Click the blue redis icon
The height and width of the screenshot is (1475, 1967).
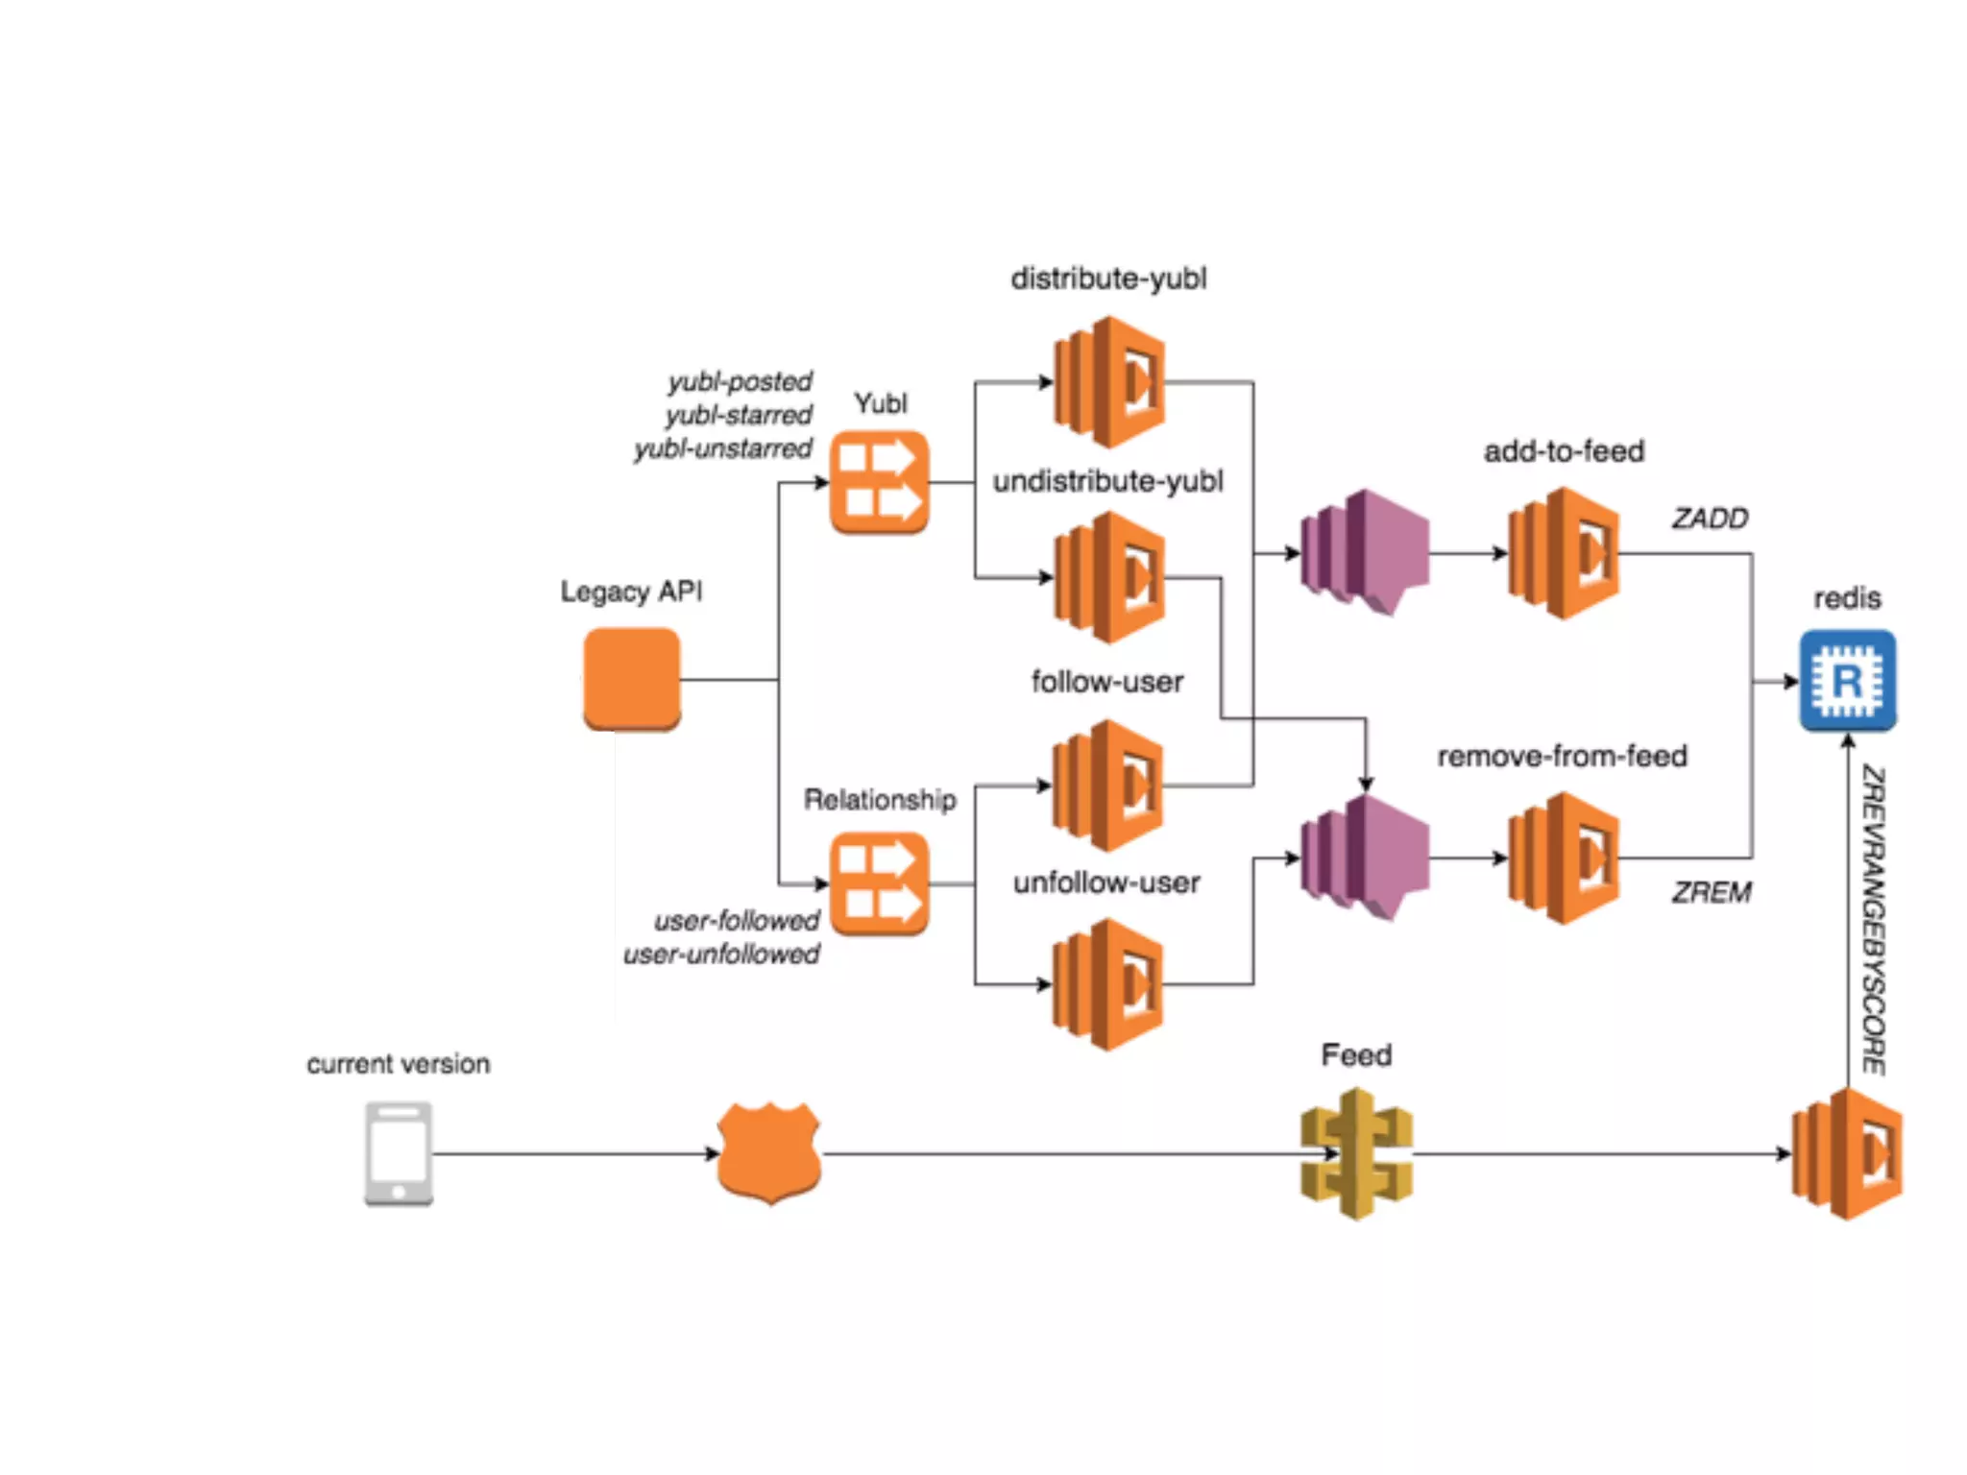(x=1847, y=680)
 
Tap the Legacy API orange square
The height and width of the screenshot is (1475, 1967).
(x=632, y=678)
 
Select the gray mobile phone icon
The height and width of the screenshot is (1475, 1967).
(x=399, y=1153)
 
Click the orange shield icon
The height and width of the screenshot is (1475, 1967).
(x=769, y=1152)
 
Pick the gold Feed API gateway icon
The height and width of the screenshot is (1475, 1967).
(x=1356, y=1153)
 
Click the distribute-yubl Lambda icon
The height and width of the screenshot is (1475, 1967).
(x=1109, y=382)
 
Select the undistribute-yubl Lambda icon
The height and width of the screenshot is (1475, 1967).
(x=1109, y=577)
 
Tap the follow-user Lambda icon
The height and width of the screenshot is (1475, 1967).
(x=1108, y=786)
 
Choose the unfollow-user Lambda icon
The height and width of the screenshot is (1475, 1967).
(x=1108, y=984)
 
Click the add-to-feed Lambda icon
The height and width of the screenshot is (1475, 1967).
(x=1564, y=553)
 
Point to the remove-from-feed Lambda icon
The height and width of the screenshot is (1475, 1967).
(x=1564, y=858)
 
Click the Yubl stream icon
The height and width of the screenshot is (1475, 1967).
(x=879, y=482)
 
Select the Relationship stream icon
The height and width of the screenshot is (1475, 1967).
(x=879, y=883)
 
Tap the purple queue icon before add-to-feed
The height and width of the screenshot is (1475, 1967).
(x=1364, y=552)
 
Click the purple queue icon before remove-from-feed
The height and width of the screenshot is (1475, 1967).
(x=1364, y=858)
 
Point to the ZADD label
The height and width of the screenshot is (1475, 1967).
(x=1710, y=519)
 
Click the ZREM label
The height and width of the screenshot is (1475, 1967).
(x=1712, y=892)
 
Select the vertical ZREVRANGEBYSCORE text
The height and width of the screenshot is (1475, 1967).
(x=1874, y=920)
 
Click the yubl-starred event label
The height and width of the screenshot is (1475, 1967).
(x=739, y=415)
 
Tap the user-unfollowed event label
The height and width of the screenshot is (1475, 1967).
(x=721, y=955)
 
